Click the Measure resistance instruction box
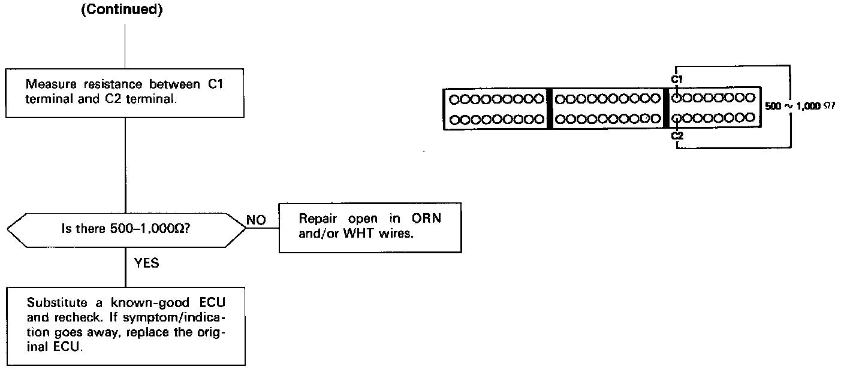[125, 92]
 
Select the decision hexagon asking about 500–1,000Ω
[126, 228]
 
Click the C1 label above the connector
[677, 78]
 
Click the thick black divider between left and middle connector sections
[549, 108]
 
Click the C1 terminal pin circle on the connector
[677, 97]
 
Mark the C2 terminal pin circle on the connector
[677, 117]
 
